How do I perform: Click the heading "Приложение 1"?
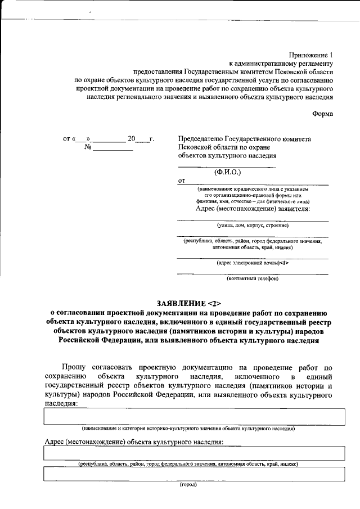tap(310, 55)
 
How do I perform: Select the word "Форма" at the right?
tap(322, 114)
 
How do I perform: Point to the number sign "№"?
tap(88, 148)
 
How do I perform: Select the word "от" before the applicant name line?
tap(181, 181)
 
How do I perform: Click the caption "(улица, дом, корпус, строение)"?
tap(253, 225)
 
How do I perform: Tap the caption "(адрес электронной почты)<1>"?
tap(253, 262)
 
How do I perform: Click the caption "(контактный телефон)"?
tap(253, 278)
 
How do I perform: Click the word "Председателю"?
tap(202, 139)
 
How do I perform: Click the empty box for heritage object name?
tap(194, 417)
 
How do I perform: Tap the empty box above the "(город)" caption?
tap(194, 475)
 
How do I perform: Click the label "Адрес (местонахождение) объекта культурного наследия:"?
tap(134, 442)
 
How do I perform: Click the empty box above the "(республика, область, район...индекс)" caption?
tap(194, 453)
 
